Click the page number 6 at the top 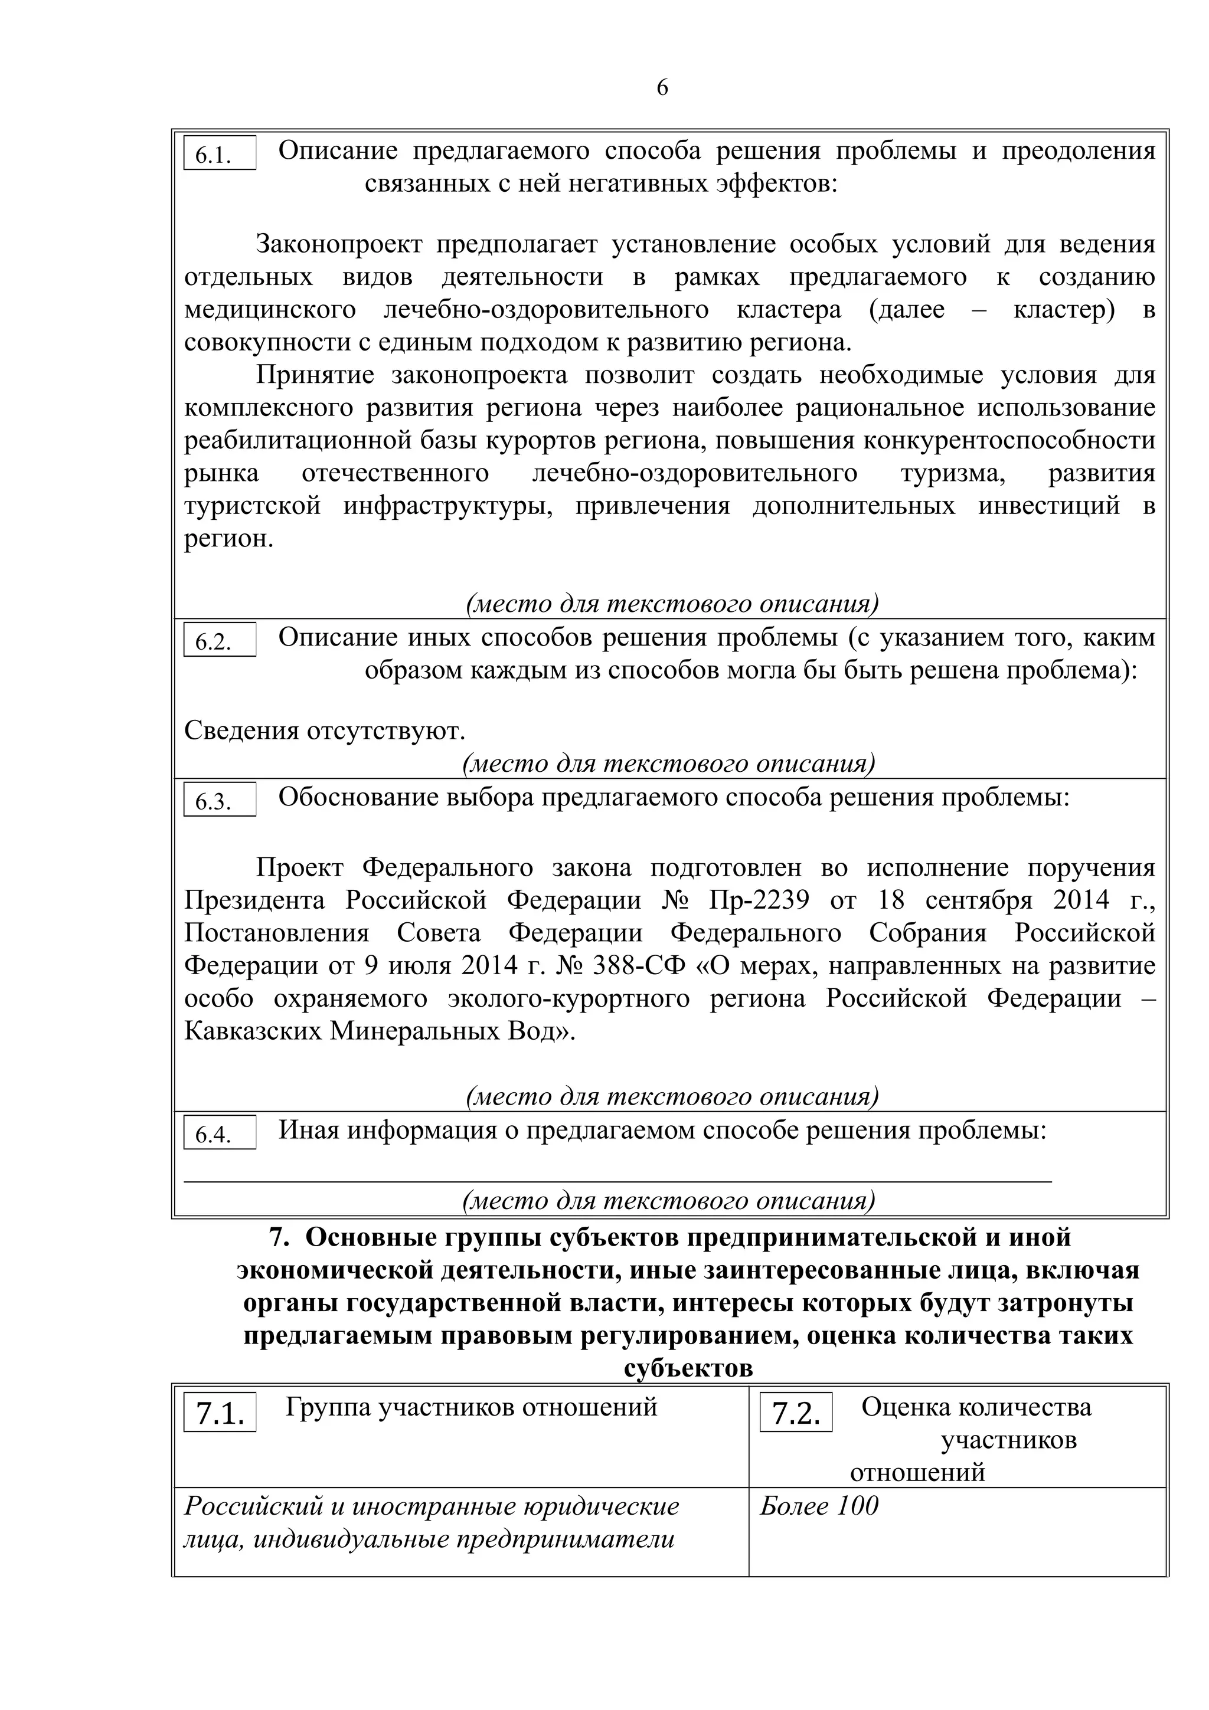coord(662,88)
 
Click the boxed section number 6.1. coord(219,154)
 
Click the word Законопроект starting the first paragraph coord(339,244)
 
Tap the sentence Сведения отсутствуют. coord(324,730)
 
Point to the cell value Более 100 coord(819,1506)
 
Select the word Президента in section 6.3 coord(255,900)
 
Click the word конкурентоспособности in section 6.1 coord(1009,440)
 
